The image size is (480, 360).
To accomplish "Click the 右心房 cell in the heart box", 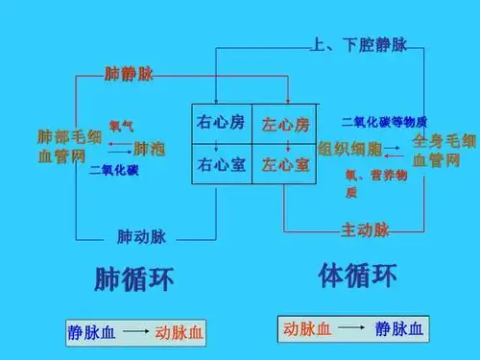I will (221, 124).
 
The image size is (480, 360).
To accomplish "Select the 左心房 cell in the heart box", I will (285, 125).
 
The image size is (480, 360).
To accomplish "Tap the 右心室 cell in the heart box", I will (221, 164).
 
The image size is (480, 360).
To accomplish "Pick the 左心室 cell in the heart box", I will (285, 164).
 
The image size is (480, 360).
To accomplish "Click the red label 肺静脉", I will (129, 73).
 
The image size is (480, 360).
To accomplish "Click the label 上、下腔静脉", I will (346, 44).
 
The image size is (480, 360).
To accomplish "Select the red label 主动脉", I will (365, 229).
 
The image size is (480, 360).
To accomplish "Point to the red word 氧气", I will (121, 126).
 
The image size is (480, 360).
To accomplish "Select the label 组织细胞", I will (349, 149).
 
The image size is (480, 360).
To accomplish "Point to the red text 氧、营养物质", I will (376, 183).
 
